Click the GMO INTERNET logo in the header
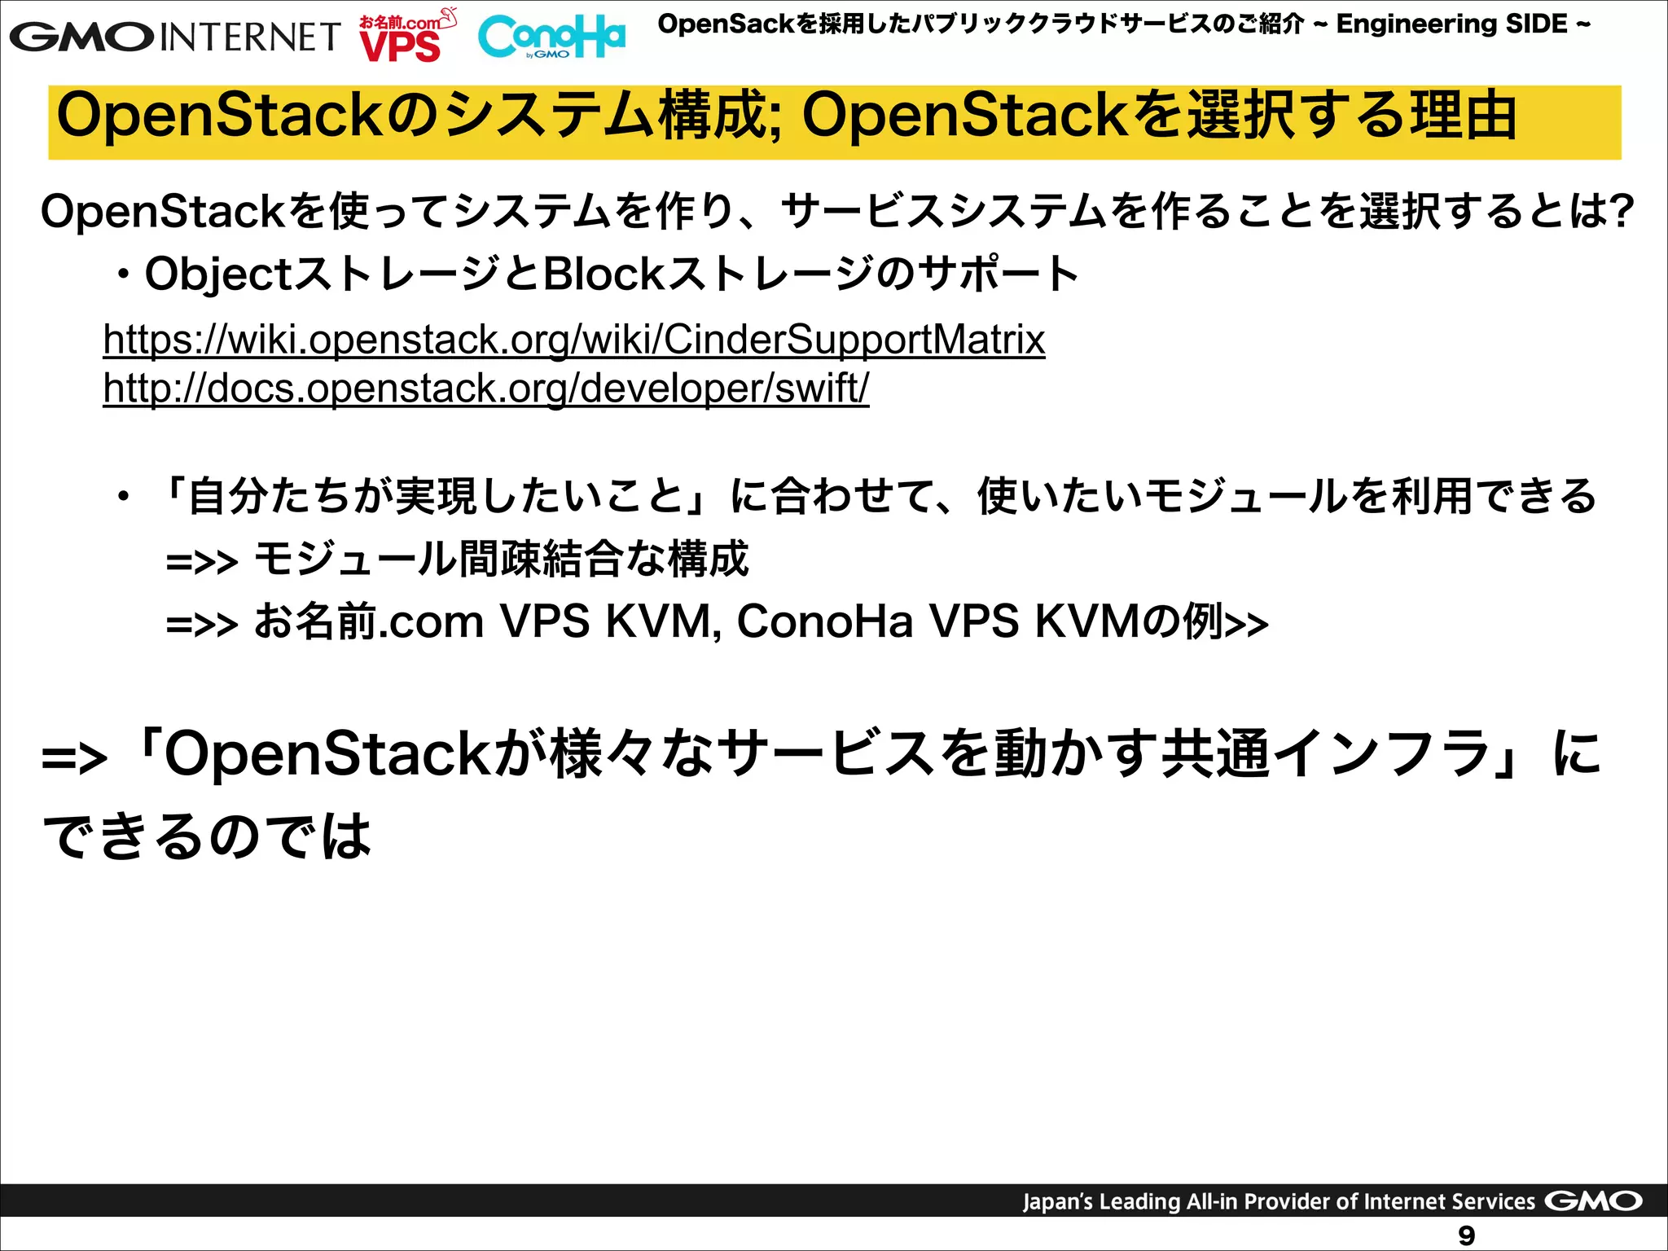click(x=174, y=37)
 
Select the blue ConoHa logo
click(x=551, y=37)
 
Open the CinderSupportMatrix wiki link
click(x=573, y=340)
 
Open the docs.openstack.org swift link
click(x=485, y=388)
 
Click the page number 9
click(x=1466, y=1236)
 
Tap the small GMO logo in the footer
click(x=1593, y=1201)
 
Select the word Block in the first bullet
click(x=604, y=274)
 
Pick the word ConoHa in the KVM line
click(x=824, y=621)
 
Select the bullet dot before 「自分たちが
click(x=123, y=497)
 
